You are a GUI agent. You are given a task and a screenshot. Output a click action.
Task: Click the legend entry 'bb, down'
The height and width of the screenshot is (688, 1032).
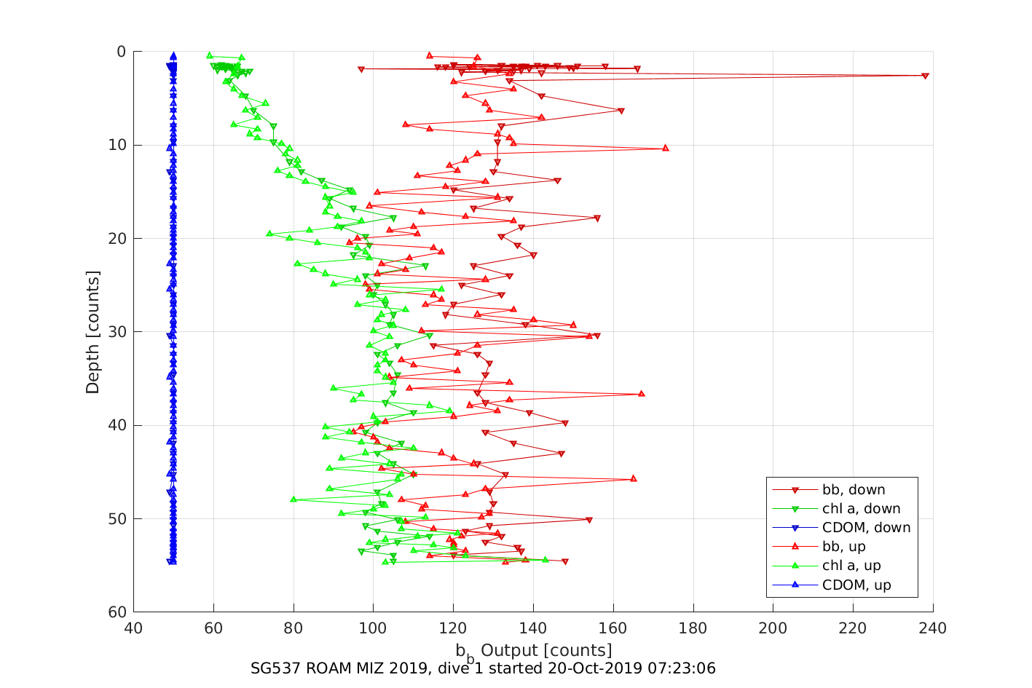[x=854, y=490]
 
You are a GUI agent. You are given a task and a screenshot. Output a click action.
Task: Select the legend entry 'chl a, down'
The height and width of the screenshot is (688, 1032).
[x=861, y=509]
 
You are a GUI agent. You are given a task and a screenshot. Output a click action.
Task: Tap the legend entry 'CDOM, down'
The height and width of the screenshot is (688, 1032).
[x=866, y=528]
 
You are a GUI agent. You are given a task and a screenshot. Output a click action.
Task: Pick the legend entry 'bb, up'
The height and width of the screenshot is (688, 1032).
[x=843, y=547]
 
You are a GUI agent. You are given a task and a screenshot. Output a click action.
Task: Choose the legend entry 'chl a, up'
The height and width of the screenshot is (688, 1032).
[x=851, y=566]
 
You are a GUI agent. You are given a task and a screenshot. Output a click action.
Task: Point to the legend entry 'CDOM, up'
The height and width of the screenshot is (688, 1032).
[x=856, y=585]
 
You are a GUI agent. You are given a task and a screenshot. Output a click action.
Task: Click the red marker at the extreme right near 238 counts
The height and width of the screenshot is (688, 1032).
[x=925, y=76]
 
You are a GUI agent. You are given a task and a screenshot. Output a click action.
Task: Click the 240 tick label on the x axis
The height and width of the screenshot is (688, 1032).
[x=933, y=628]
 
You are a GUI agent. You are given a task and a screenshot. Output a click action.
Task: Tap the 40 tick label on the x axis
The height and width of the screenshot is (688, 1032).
[x=133, y=628]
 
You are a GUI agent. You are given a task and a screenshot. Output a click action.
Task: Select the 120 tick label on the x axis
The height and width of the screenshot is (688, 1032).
[x=453, y=628]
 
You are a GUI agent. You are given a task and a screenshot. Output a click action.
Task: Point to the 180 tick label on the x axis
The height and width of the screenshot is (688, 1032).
[x=693, y=628]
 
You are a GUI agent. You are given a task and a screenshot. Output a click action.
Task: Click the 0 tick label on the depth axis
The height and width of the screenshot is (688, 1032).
[x=121, y=52]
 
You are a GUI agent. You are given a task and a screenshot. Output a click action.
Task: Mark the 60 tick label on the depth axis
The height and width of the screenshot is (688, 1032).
[x=117, y=612]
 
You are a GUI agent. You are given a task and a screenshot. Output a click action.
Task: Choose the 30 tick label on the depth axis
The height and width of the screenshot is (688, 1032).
[x=117, y=332]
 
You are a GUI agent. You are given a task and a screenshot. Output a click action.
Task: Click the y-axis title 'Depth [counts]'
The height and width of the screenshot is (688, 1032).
[x=92, y=332]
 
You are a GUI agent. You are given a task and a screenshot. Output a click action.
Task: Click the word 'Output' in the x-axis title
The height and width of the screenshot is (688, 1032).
[x=510, y=650]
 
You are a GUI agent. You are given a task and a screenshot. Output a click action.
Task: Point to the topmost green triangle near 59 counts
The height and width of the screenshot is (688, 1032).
[x=210, y=55]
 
